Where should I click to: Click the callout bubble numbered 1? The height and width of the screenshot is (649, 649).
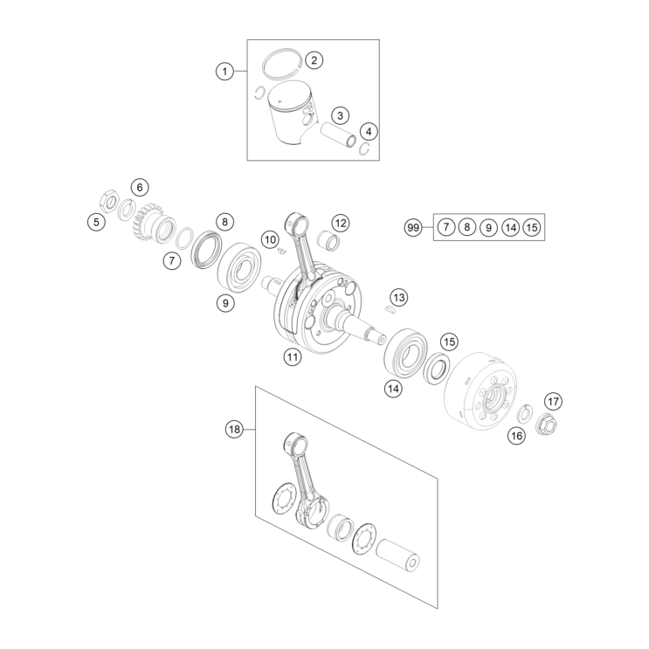(x=226, y=72)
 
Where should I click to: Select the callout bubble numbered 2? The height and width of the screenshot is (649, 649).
(x=313, y=60)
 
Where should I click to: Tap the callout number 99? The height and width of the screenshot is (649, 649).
(x=414, y=228)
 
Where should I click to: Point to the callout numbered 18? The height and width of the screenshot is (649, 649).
(x=233, y=429)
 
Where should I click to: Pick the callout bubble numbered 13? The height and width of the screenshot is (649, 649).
(x=398, y=298)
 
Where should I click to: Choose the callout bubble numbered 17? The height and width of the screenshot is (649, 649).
(x=553, y=402)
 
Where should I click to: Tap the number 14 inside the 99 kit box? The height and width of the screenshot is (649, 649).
(x=511, y=228)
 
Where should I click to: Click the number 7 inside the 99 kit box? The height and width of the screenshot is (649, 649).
(x=445, y=228)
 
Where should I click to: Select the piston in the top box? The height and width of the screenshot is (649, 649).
(x=293, y=114)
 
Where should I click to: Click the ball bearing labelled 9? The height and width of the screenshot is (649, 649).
(x=239, y=268)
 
